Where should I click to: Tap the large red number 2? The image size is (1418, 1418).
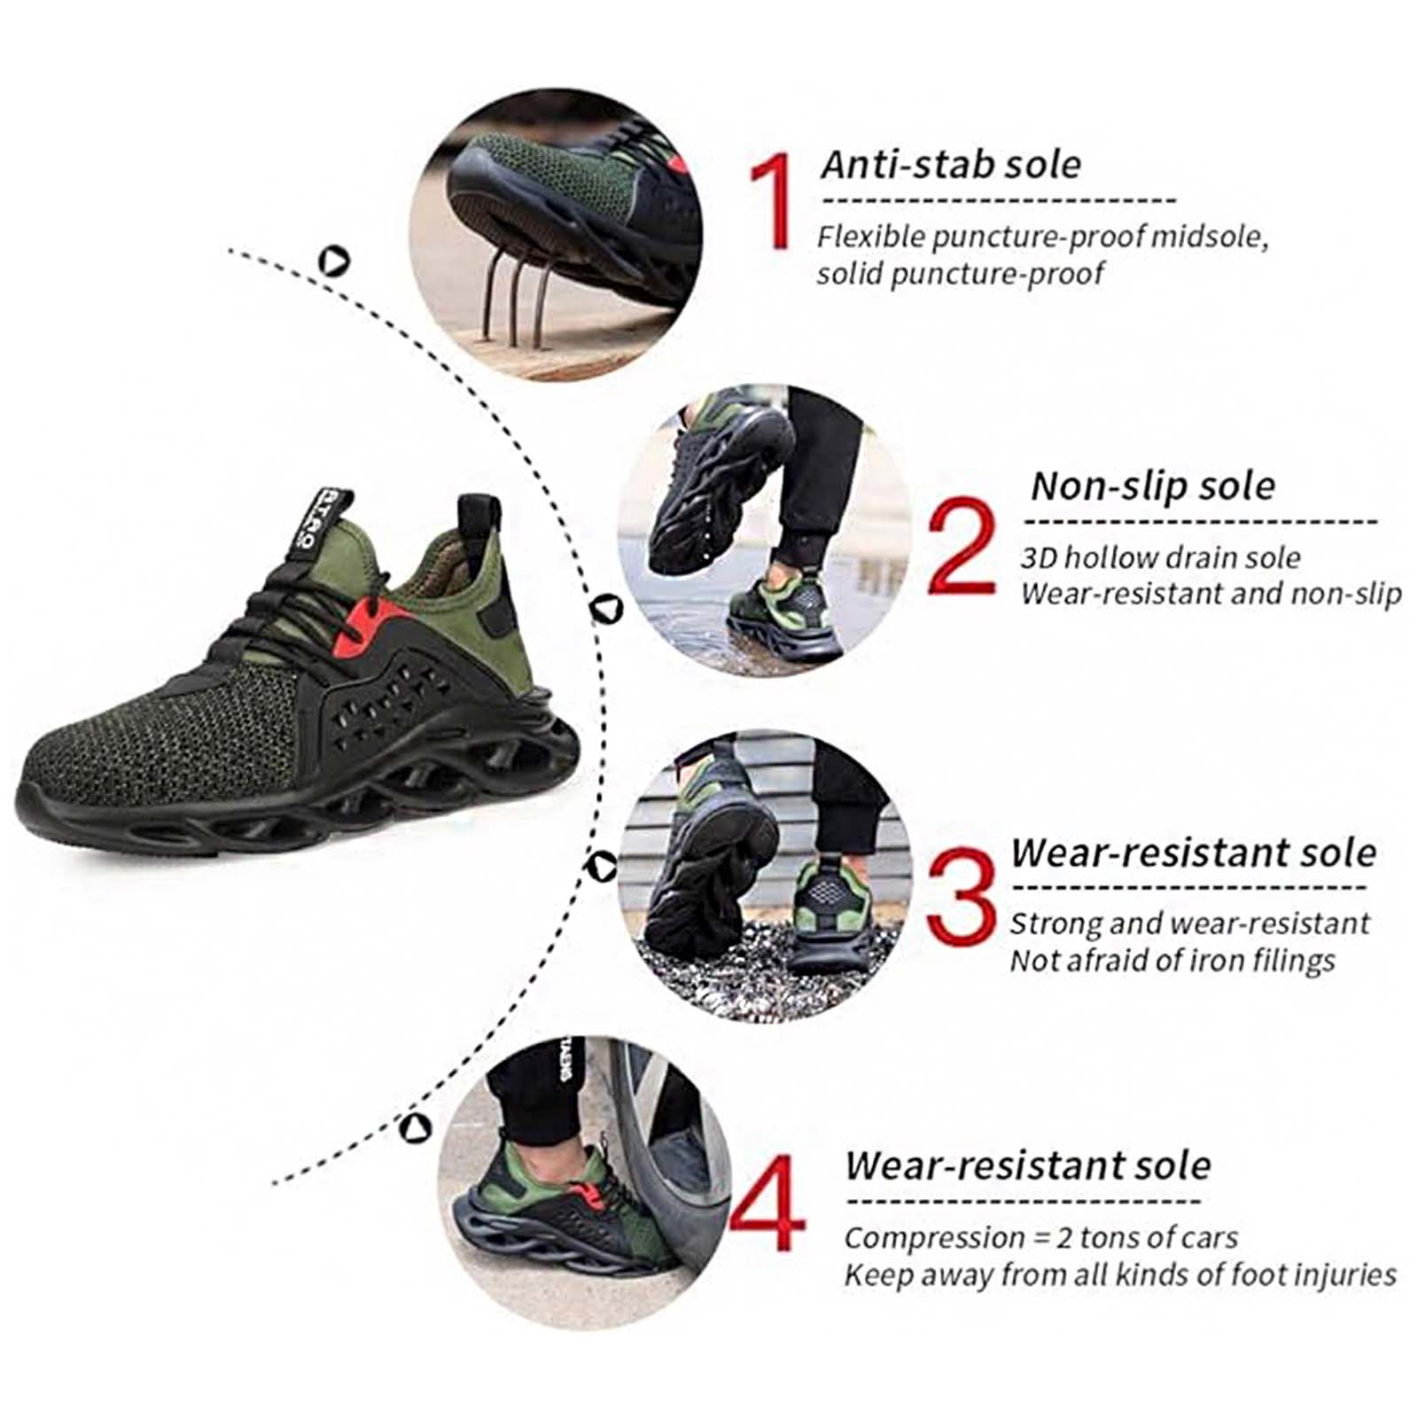click(x=962, y=545)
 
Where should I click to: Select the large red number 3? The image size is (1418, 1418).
click(x=961, y=896)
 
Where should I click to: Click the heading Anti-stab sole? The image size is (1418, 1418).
click(x=952, y=165)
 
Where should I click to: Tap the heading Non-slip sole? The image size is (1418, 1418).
click(x=1153, y=486)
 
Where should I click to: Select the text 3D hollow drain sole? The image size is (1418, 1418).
click(x=1160, y=557)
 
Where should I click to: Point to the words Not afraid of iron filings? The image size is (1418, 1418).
click(x=1173, y=961)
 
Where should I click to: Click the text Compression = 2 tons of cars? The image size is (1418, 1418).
click(x=1040, y=1237)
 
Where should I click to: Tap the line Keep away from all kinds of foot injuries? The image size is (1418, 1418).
click(x=1120, y=1274)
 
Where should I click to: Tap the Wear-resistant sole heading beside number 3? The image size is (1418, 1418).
click(x=1193, y=853)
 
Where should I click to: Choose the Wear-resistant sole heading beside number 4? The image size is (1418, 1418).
click(x=1028, y=1165)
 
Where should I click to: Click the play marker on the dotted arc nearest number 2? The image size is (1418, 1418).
click(x=607, y=609)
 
